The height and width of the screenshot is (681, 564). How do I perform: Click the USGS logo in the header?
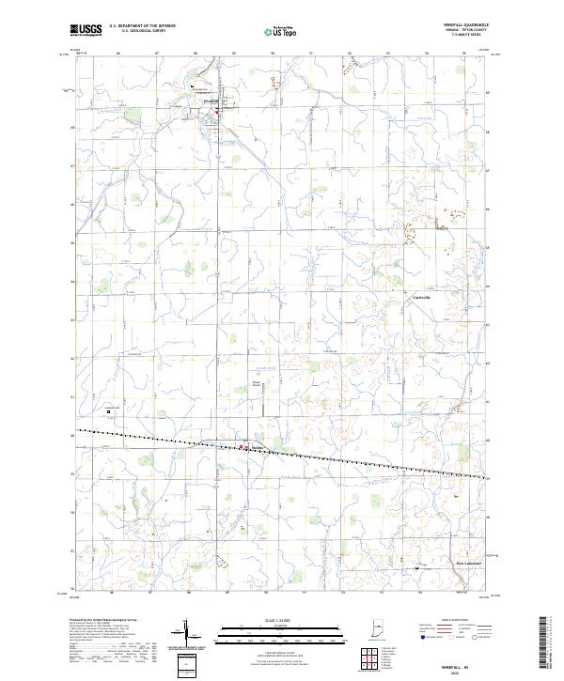[x=86, y=29]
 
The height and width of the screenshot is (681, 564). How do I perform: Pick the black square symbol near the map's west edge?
[x=108, y=410]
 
